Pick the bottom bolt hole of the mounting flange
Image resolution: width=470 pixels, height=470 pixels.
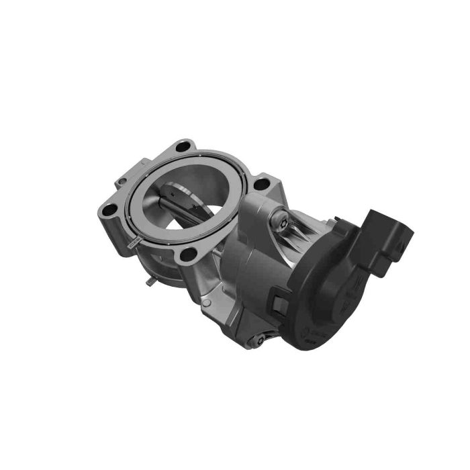[190, 254]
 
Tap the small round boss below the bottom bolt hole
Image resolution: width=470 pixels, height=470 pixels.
[207, 302]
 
